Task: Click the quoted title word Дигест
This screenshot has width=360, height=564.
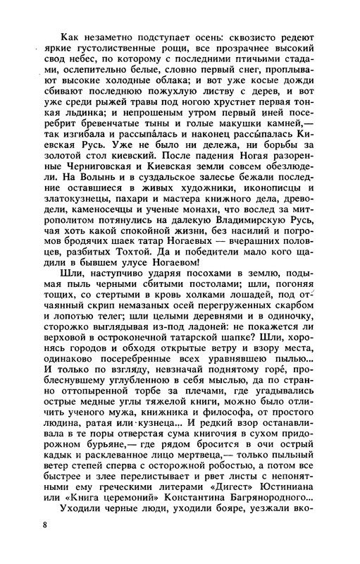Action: coord(215,485)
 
